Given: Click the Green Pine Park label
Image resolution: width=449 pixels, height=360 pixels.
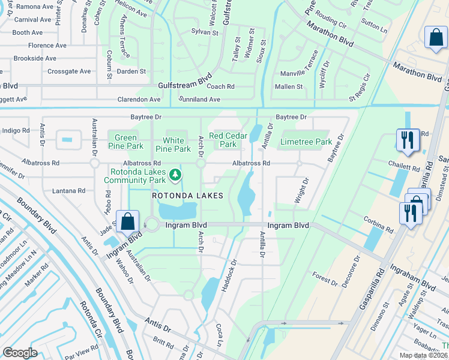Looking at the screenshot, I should click(x=125, y=141).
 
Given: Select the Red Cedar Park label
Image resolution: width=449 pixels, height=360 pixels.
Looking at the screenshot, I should click(x=229, y=140).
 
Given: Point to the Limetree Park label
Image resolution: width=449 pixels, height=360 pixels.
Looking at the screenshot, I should click(x=306, y=142).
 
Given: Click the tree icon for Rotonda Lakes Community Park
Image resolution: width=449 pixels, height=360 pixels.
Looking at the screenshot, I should click(x=175, y=175).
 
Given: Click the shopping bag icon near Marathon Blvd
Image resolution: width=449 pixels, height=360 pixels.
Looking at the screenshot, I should click(x=435, y=37).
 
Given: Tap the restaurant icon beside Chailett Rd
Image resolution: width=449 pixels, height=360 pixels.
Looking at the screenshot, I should click(x=408, y=140).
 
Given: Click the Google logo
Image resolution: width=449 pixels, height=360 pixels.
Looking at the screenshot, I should click(x=20, y=353).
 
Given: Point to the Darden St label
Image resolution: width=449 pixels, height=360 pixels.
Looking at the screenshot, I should click(x=131, y=71).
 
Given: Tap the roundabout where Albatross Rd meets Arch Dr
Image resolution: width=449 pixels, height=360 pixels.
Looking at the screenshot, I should click(x=200, y=163).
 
